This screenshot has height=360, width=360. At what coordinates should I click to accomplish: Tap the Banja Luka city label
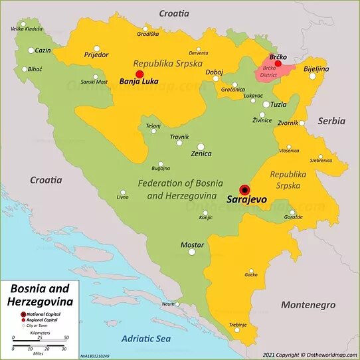(x=139, y=82)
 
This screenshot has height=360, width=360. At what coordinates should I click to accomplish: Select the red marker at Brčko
(x=278, y=64)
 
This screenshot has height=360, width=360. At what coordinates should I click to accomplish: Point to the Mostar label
(x=192, y=245)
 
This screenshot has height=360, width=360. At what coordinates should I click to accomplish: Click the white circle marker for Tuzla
(x=266, y=104)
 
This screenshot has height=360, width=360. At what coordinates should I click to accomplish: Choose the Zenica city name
(x=201, y=154)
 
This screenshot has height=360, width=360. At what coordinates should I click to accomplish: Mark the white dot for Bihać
(x=25, y=69)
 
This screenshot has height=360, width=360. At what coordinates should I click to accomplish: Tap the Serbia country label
(x=331, y=121)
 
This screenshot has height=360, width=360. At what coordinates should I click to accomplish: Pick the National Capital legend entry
(x=45, y=314)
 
